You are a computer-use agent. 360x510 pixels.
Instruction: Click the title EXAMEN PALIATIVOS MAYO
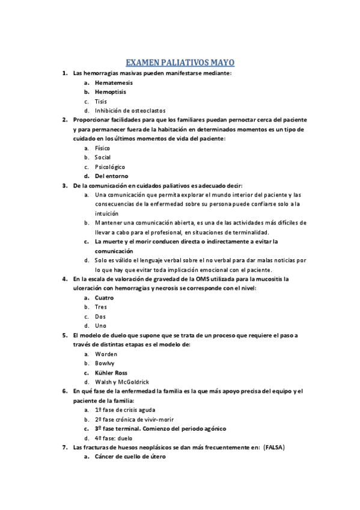[180, 62]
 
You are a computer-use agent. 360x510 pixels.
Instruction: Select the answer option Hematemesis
[114, 82]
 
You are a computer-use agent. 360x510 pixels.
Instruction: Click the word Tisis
[100, 102]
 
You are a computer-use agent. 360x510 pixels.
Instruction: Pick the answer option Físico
[102, 148]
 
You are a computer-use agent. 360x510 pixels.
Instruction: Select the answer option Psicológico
[109, 167]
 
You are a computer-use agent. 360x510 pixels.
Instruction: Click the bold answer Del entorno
[111, 176]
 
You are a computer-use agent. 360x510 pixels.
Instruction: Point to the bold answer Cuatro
[105, 298]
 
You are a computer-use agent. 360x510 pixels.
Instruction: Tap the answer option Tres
[101, 307]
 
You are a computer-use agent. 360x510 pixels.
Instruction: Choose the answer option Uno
[100, 325]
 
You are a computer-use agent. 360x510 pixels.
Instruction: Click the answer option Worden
[106, 354]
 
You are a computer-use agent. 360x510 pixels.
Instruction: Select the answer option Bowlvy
[105, 363]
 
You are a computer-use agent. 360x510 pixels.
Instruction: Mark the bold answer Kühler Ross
[111, 373]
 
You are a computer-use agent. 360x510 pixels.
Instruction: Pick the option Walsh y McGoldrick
[121, 382]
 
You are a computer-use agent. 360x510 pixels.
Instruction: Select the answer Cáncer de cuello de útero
[129, 457]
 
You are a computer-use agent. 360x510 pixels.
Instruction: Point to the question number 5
[64, 335]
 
